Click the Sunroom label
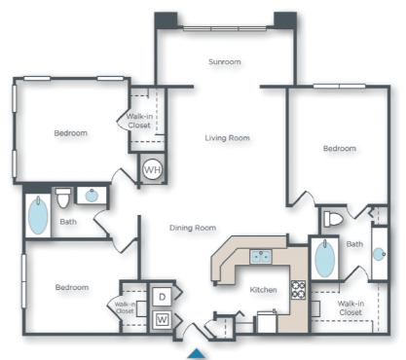coord(224,61)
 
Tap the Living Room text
coord(227,138)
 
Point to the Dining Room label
coord(192,228)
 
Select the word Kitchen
coord(264,290)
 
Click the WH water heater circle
coord(152,168)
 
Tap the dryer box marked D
coord(162,296)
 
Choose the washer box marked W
coord(162,318)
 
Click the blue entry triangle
coord(198,351)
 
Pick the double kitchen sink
coord(260,257)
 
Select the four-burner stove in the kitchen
coord(298,289)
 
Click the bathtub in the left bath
coord(37,216)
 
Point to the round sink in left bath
coord(92,196)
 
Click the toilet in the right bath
coord(333,218)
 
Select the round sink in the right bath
coord(379,252)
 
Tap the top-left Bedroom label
coord(70,133)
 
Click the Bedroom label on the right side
coord(339,148)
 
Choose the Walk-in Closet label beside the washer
coord(126,306)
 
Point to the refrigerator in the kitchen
coord(266,320)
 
